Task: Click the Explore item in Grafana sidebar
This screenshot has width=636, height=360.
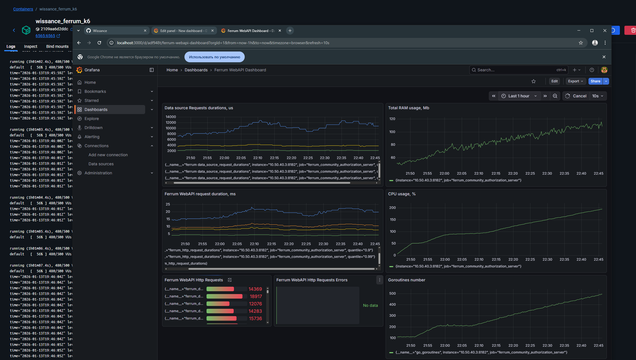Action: coord(92,119)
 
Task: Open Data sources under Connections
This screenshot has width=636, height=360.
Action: coord(101,164)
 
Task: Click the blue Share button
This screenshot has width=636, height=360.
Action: coord(595,81)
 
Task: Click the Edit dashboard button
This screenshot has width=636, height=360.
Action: coord(554,81)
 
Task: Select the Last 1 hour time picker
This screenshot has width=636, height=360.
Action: coord(519,96)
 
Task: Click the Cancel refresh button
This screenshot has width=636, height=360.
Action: coord(576,96)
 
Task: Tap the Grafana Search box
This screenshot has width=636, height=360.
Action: coord(515,70)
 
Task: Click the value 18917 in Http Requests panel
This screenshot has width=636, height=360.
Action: coord(256,296)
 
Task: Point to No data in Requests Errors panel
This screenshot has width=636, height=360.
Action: coord(370,305)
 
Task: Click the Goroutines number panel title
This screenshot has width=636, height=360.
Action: coord(407,280)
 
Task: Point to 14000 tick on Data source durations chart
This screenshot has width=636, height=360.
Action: coord(171,117)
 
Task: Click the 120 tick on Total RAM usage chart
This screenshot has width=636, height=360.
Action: coord(392,119)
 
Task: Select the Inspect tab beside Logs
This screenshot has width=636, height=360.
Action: coord(31,46)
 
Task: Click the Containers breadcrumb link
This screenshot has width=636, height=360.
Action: coord(23,9)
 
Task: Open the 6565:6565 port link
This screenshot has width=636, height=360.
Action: coord(45,36)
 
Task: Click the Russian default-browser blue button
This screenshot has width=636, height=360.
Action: coord(214,57)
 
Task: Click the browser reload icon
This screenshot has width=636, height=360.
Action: coord(99,43)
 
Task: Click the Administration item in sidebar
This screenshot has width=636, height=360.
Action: coord(98,173)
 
